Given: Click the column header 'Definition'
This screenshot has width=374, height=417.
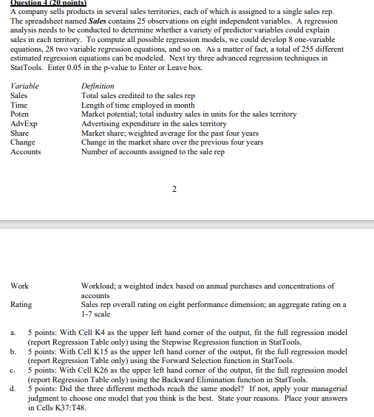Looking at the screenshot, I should click(x=98, y=86).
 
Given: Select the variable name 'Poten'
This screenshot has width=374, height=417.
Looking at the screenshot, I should click(x=20, y=114).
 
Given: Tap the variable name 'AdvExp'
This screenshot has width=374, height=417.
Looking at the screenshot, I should click(x=23, y=124).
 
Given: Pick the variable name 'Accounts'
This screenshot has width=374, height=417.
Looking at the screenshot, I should click(x=26, y=152).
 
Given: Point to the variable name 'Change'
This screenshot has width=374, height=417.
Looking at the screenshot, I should click(x=24, y=142).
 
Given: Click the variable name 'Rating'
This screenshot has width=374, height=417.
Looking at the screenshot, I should click(x=21, y=304).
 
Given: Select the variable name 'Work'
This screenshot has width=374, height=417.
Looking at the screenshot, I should click(x=20, y=286).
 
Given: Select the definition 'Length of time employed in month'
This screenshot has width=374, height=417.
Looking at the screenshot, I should click(x=139, y=105).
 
